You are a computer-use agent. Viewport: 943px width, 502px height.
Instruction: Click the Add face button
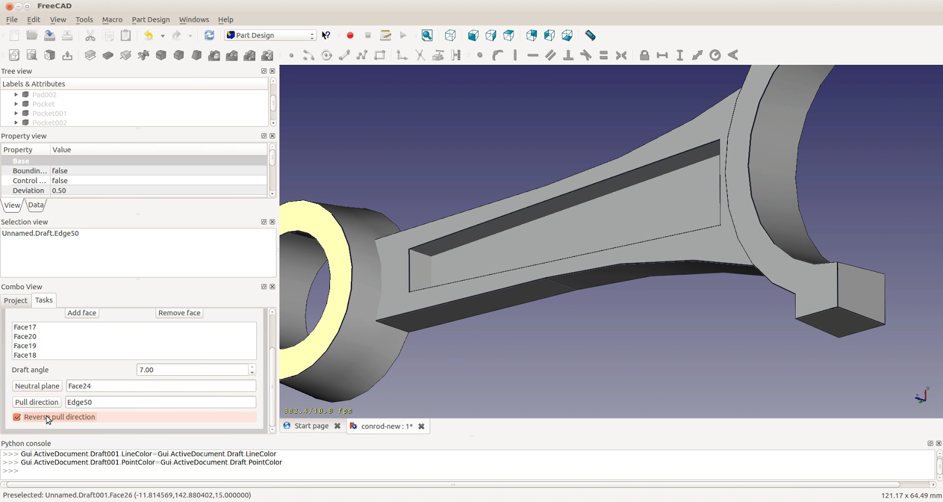coord(81,313)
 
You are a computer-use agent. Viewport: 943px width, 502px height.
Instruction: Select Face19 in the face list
coord(25,346)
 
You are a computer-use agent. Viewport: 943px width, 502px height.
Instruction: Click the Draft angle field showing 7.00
coord(192,370)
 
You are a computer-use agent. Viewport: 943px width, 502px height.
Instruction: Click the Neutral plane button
coord(37,386)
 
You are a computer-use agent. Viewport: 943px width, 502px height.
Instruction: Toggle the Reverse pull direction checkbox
coord(17,417)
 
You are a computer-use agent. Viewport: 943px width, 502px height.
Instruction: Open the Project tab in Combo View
coord(15,300)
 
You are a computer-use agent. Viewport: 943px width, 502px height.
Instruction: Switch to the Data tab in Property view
coord(36,205)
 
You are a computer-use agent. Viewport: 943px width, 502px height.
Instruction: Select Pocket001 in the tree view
coord(50,113)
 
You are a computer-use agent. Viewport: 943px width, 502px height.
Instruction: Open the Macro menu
coord(112,19)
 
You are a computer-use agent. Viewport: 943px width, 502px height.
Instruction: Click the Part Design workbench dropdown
coord(271,35)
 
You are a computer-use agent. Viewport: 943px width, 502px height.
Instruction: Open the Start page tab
coord(311,426)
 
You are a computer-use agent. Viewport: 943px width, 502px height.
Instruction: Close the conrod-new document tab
coord(421,427)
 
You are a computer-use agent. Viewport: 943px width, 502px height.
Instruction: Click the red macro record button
coord(350,35)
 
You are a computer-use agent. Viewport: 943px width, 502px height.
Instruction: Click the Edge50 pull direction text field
coord(160,402)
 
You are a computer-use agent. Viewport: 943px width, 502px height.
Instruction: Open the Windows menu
coord(194,19)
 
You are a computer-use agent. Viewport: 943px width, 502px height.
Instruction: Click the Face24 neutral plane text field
coord(160,386)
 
